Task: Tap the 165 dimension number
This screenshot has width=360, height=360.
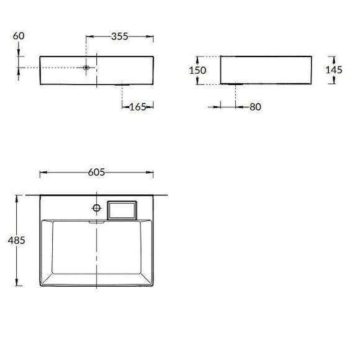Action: pyautogui.click(x=137, y=107)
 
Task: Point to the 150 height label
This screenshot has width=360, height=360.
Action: pyautogui.click(x=197, y=70)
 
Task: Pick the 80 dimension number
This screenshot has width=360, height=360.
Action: pyautogui.click(x=255, y=107)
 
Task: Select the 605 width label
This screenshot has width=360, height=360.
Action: pyautogui.click(x=96, y=172)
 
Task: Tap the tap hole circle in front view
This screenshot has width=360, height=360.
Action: pyautogui.click(x=87, y=67)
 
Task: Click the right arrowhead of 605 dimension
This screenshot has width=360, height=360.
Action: pyautogui.click(x=151, y=172)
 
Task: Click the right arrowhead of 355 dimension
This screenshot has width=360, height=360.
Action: pyautogui.click(x=151, y=36)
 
